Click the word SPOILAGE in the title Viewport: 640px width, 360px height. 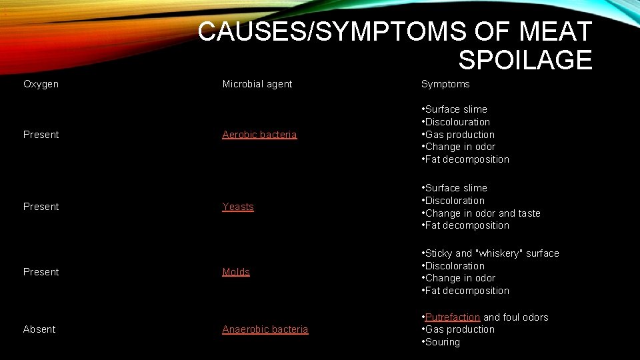point(525,60)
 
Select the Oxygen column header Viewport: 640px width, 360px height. point(41,84)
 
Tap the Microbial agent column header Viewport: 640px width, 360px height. point(257,84)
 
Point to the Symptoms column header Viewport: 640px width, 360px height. point(445,84)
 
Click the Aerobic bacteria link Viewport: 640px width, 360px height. point(259,135)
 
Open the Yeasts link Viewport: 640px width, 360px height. point(238,207)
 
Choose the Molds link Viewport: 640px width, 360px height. point(236,272)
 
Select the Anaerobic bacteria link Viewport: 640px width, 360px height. point(265,329)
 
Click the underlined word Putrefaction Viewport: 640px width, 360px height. point(453,317)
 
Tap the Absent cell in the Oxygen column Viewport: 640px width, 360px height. point(39,329)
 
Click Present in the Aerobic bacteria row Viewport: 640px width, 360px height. point(41,135)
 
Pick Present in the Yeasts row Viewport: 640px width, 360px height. point(41,207)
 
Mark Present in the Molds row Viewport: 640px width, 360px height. point(41,272)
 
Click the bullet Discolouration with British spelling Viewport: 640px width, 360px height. point(457,122)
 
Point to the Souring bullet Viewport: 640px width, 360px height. point(443,342)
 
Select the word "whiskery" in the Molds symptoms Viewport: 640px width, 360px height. point(500,253)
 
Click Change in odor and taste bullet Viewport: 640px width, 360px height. point(483,213)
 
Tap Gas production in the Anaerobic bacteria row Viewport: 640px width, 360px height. point(460,329)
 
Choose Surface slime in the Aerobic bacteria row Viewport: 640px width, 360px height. point(456,109)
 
